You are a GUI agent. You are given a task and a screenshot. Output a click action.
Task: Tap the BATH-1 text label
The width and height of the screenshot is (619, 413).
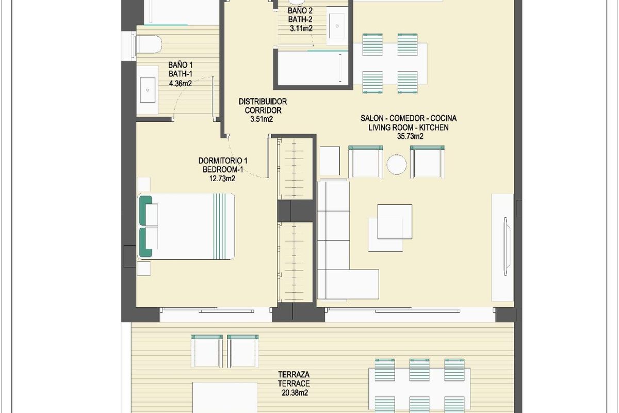click(180, 74)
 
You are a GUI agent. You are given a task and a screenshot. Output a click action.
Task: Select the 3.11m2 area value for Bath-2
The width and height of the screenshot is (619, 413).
click(300, 29)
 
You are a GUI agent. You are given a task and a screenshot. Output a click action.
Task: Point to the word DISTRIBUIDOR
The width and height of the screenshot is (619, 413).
click(263, 102)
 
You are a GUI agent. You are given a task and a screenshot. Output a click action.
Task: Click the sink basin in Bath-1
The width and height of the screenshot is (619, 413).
click(149, 90)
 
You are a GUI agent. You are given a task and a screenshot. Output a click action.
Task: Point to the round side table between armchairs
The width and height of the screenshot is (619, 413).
click(397, 164)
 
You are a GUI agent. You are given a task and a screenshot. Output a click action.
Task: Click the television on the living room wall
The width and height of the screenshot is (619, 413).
click(507, 246)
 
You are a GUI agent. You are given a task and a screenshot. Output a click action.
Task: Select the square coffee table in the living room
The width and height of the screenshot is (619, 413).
click(394, 221)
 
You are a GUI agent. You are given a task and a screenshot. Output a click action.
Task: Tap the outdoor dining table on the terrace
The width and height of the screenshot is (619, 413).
click(419, 382)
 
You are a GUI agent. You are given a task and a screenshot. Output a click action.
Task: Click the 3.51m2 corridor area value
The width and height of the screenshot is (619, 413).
click(262, 119)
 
